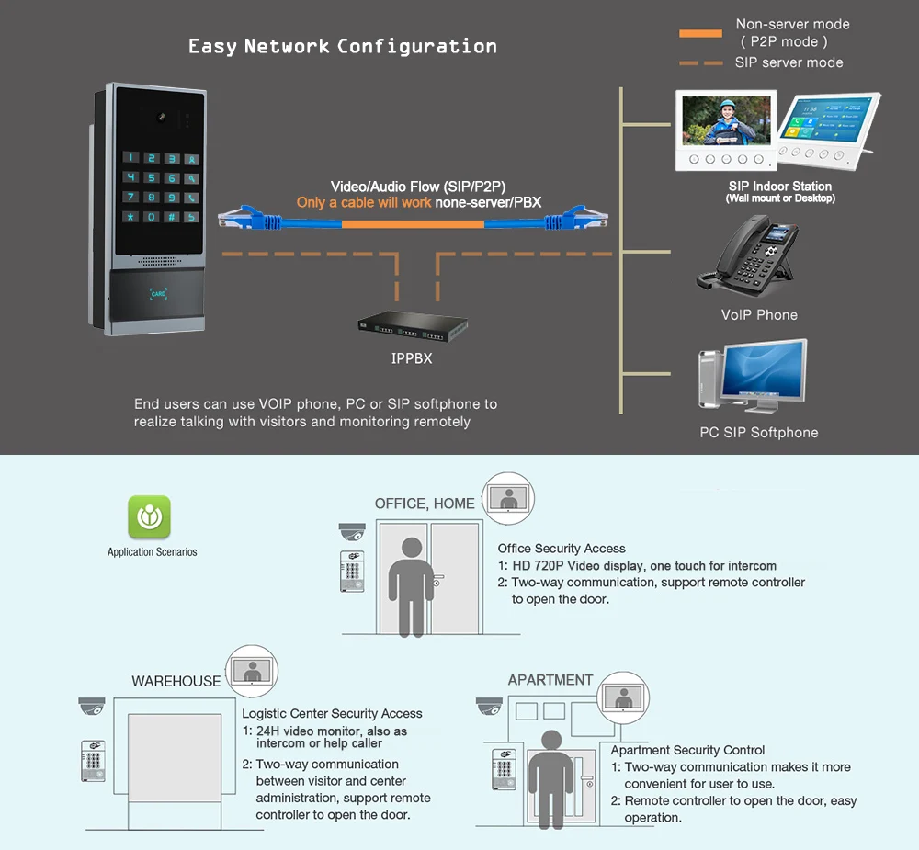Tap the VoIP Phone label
coord(759,315)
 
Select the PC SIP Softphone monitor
coord(764,378)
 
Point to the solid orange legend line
coord(700,34)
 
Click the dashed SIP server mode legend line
coord(700,63)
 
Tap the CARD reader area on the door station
coord(158,294)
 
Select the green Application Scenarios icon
coord(149,516)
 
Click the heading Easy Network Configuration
coord(342,47)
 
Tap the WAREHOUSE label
coord(176,682)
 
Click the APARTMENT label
coord(550,681)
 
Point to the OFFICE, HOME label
coord(425,504)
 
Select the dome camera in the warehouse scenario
coord(92,706)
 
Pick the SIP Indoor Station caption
coord(780,187)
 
